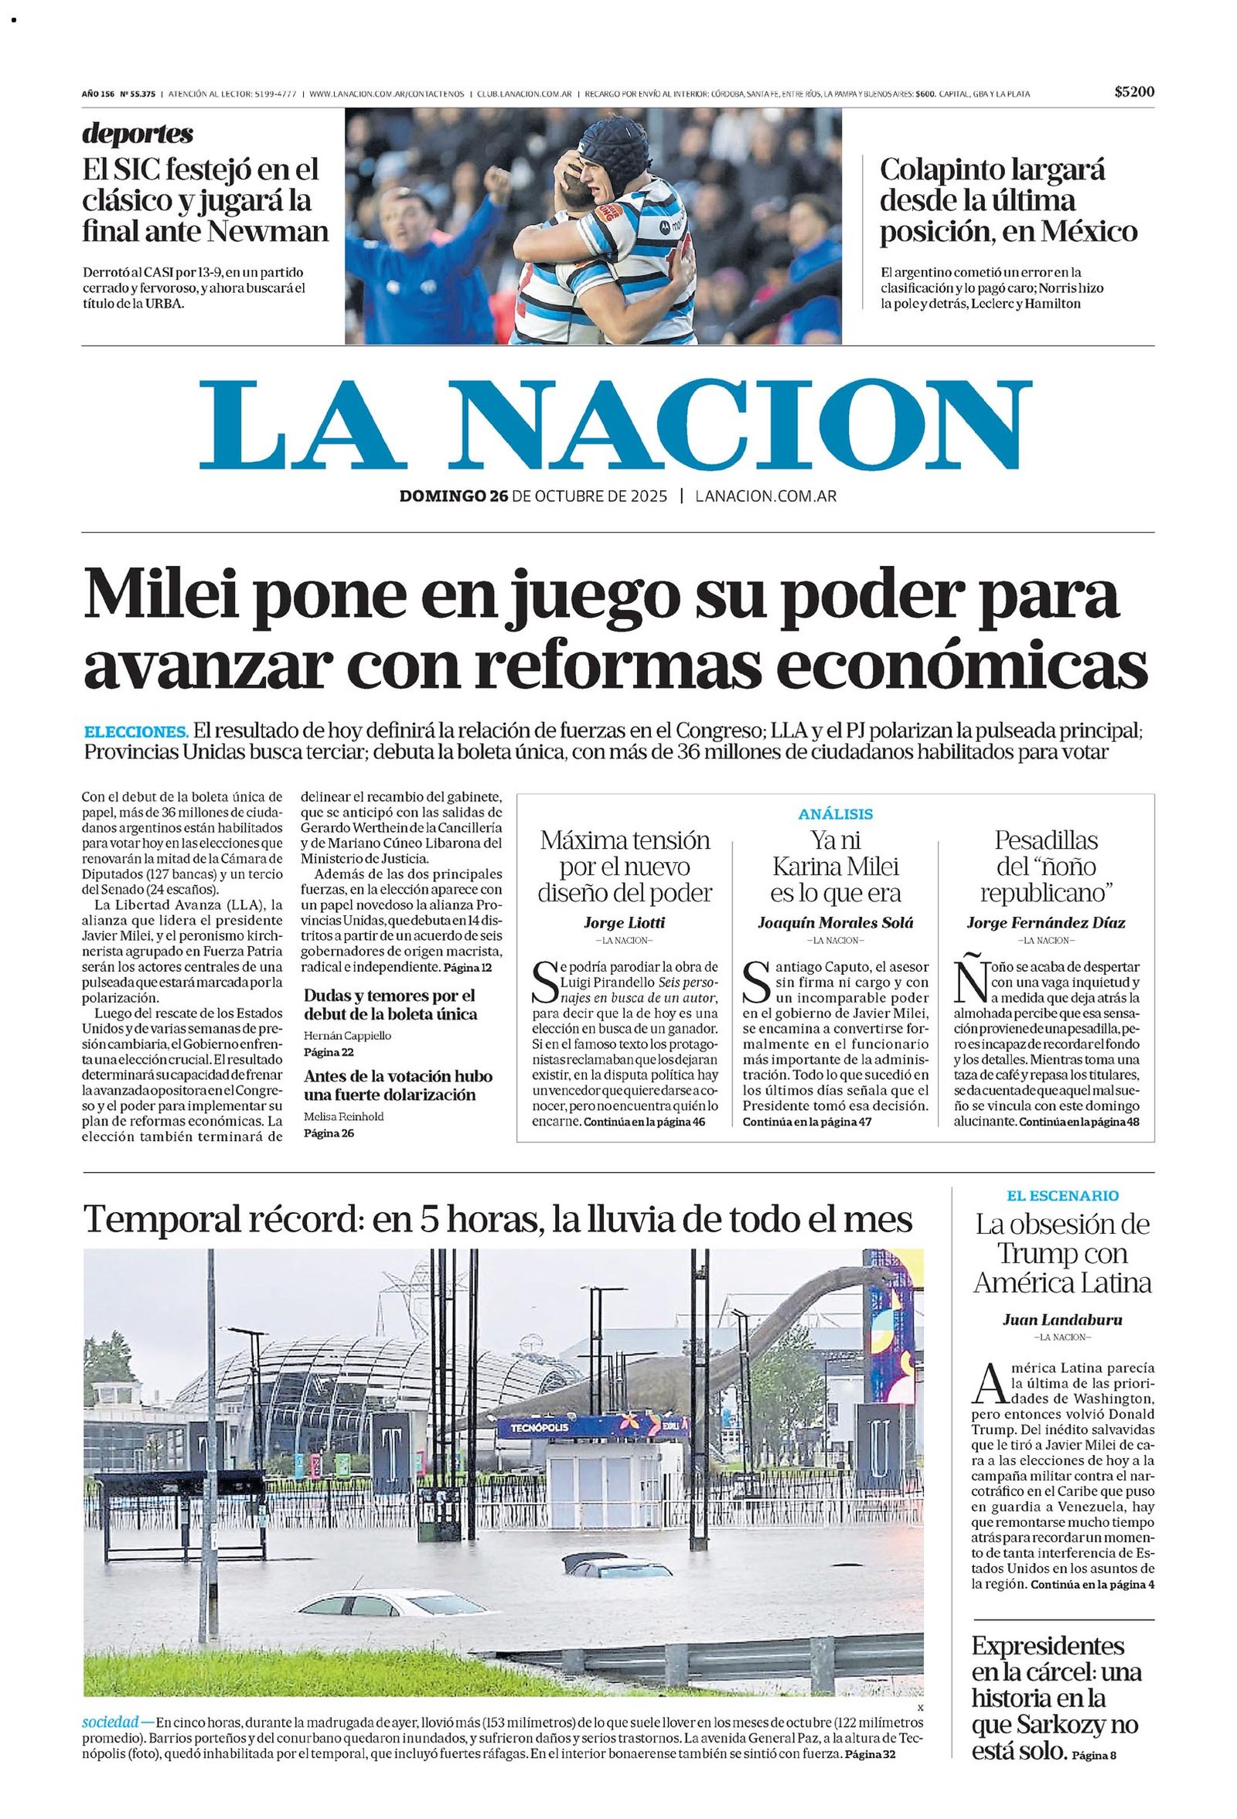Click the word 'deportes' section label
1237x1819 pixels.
pos(138,134)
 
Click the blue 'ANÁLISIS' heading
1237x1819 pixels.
pos(836,814)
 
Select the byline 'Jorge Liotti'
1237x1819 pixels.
pos(624,922)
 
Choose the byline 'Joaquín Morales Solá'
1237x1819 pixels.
pos(836,922)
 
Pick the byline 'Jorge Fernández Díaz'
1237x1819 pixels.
pos(1046,922)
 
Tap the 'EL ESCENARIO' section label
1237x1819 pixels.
pos(1062,1195)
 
